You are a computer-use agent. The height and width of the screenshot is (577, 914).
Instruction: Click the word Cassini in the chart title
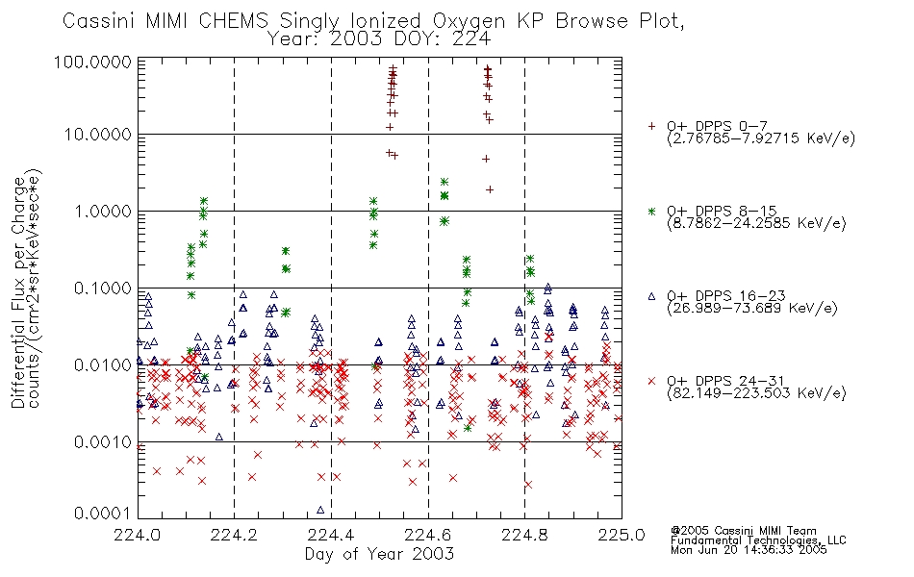point(98,21)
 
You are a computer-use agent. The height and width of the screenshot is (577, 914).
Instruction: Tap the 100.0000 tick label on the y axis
point(92,62)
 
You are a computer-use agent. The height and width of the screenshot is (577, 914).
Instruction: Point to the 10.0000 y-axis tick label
point(98,135)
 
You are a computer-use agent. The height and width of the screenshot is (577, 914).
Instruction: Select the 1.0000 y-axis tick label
point(103,211)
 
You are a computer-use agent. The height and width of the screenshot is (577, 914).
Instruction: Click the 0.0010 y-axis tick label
point(103,441)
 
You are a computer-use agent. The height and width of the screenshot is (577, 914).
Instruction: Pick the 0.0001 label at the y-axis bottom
point(103,514)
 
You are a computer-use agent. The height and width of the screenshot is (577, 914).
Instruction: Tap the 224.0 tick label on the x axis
point(138,535)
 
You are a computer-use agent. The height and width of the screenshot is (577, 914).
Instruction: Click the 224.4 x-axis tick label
point(331,535)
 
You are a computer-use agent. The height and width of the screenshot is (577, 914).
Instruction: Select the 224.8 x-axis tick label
point(524,535)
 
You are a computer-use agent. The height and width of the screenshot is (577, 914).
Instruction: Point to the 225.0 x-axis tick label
point(622,535)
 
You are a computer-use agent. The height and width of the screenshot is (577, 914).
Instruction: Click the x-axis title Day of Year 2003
point(379,554)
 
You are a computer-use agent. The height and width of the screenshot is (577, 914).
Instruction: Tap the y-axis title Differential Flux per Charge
point(18,292)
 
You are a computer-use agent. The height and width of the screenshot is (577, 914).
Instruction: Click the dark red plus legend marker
point(652,126)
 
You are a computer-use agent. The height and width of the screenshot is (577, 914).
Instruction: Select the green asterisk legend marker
point(651,211)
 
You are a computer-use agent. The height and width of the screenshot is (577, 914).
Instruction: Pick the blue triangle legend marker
point(651,296)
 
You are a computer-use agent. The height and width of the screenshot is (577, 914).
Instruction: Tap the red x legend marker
point(651,381)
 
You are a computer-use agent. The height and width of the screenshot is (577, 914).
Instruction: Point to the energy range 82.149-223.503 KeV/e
point(756,393)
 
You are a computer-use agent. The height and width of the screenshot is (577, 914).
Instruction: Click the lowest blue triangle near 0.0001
point(320,510)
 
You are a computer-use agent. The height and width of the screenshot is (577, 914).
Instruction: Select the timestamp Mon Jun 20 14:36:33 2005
point(749,550)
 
